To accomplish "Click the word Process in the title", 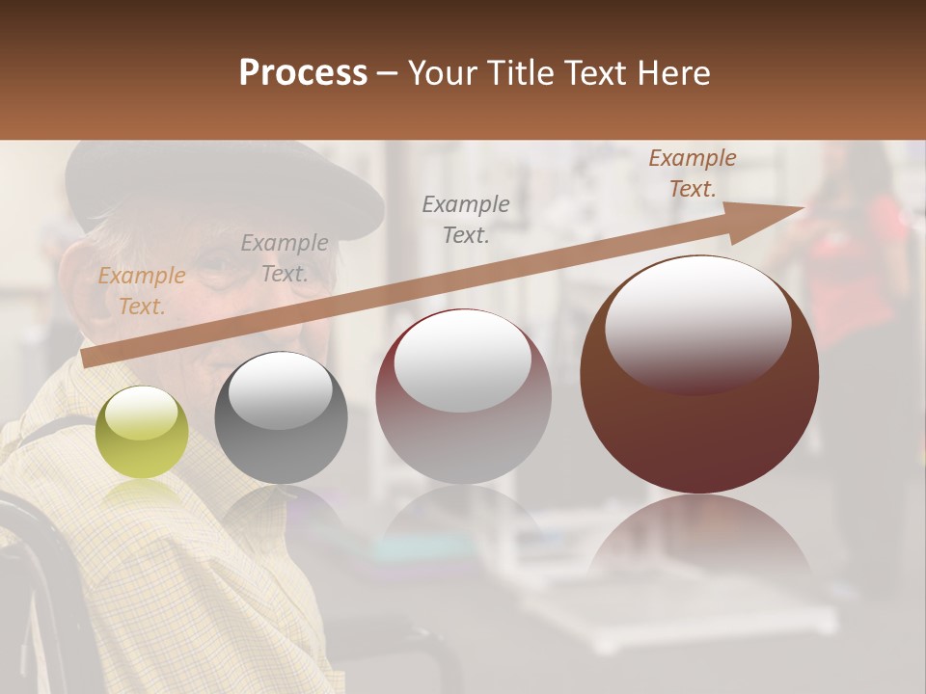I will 303,73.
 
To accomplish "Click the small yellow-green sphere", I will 142,432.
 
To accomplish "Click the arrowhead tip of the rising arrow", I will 799,209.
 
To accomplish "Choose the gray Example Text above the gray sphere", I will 285,258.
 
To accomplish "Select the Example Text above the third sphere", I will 466,219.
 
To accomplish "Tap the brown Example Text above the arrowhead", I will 693,173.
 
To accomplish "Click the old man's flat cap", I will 222,183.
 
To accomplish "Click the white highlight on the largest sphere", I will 697,318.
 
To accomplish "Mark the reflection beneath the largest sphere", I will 699,540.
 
